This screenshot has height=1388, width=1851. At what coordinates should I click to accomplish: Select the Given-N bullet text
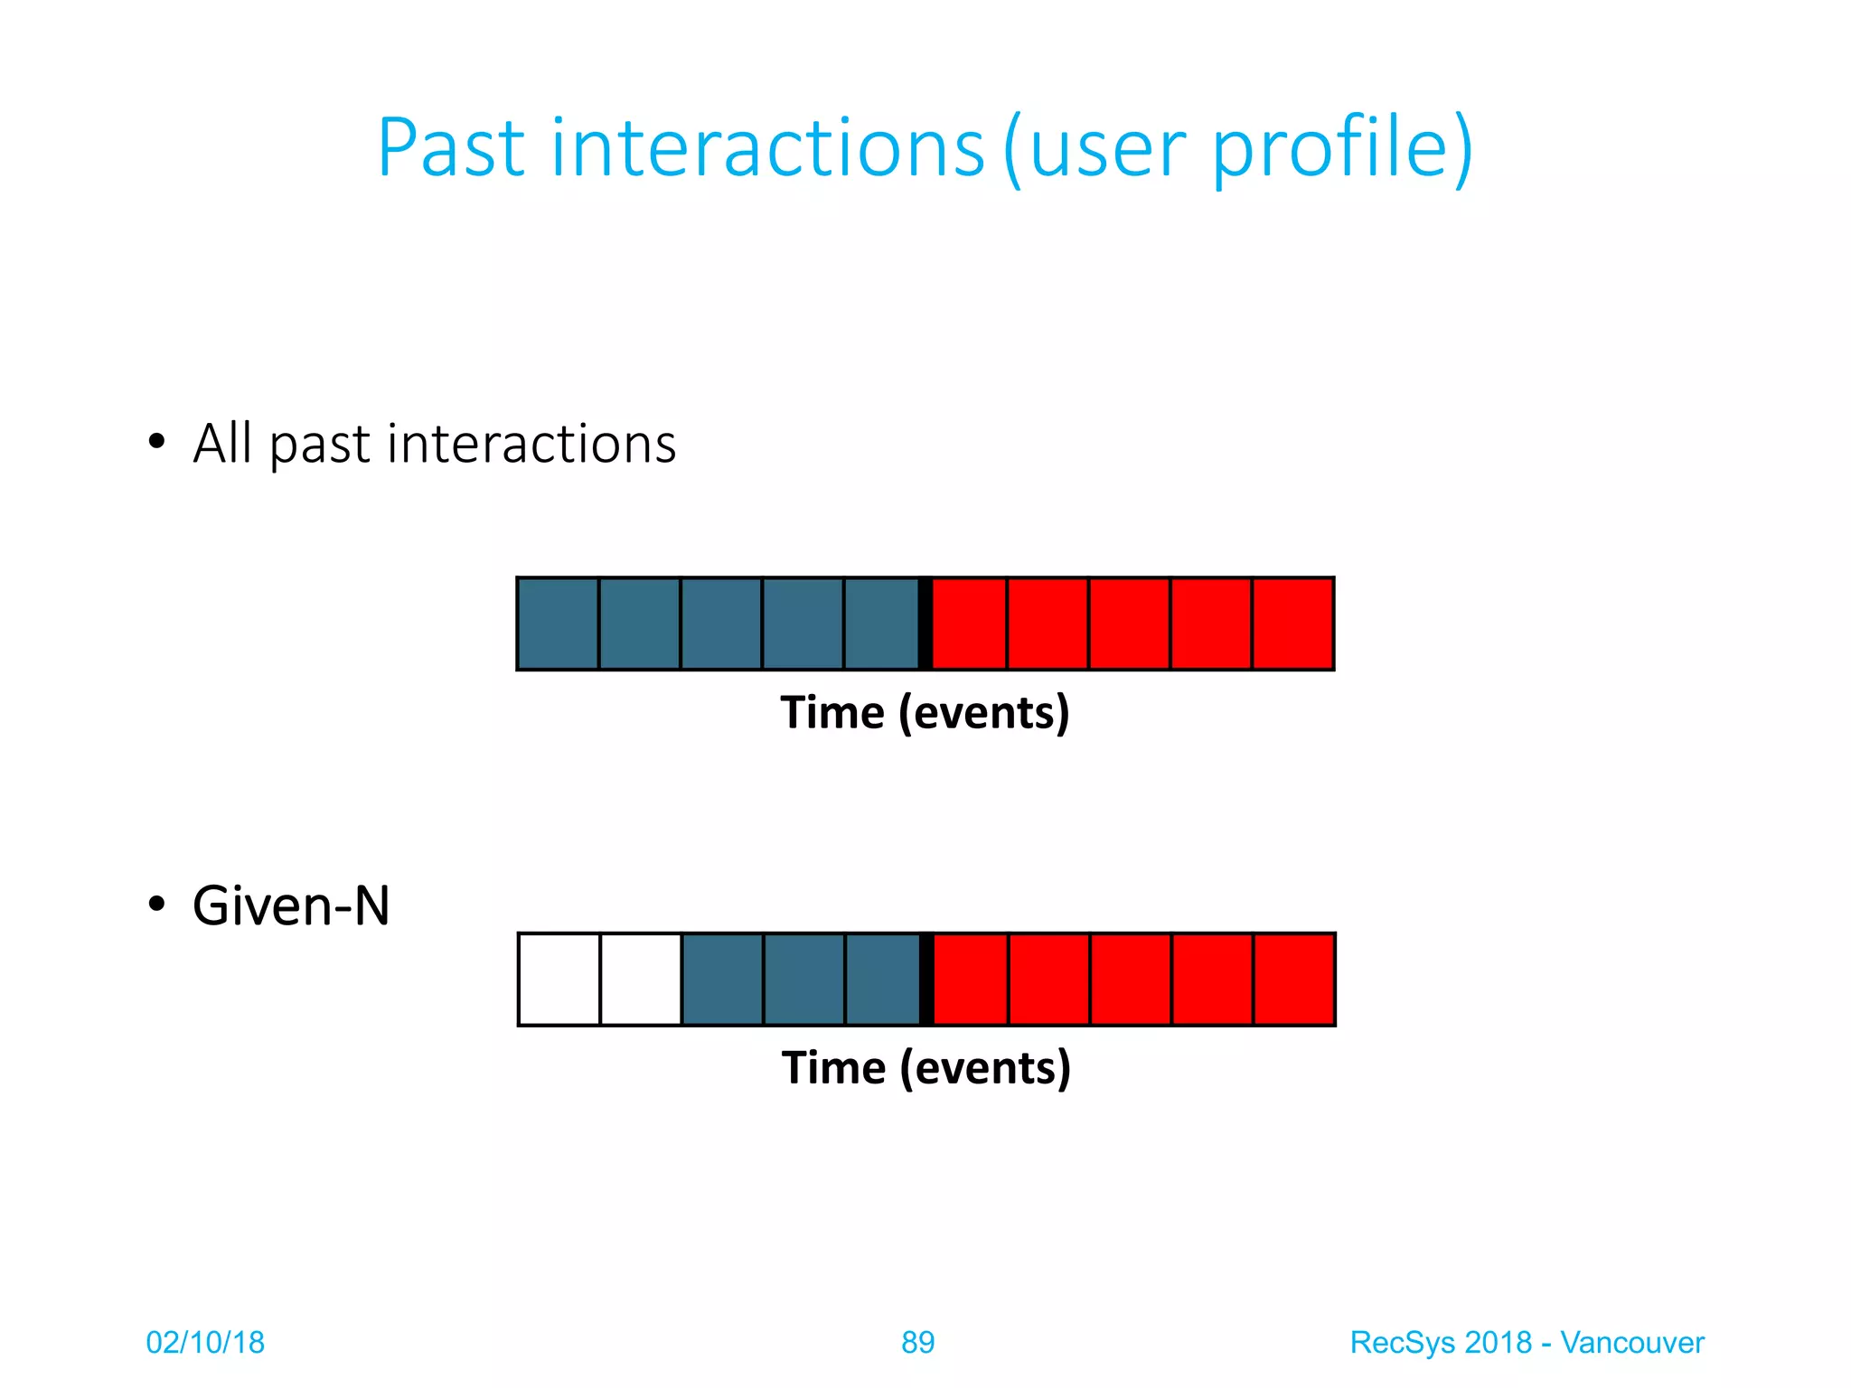coord(291,905)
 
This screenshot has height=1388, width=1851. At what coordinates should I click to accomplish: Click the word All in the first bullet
coord(221,444)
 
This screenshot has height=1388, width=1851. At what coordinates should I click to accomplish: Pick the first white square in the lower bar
coord(559,980)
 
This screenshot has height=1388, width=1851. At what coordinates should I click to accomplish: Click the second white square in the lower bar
coord(640,980)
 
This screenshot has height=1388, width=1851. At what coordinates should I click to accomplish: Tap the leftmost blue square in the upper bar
coord(558,624)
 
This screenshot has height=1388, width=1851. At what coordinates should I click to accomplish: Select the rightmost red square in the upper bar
coord(1292,624)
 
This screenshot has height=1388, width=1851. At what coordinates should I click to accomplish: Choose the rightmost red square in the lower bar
coord(1293,980)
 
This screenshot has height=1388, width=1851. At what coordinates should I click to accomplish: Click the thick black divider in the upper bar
coord(925,624)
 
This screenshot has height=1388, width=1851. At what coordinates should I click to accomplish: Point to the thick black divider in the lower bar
coord(925,980)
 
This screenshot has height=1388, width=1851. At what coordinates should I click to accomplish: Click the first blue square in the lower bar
coord(722,980)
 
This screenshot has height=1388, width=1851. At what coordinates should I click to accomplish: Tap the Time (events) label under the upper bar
coord(925,712)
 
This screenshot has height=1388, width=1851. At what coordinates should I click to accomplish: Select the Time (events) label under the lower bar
coord(926,1068)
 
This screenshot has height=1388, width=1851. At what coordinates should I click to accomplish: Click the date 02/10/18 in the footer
coord(205,1343)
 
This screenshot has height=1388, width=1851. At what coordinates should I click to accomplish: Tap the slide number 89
coord(917,1343)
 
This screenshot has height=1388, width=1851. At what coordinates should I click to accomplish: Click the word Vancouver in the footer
coord(1631,1343)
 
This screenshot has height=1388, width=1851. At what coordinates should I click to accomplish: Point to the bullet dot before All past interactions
coord(157,442)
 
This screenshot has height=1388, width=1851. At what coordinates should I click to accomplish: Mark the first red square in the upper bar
coord(969,624)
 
